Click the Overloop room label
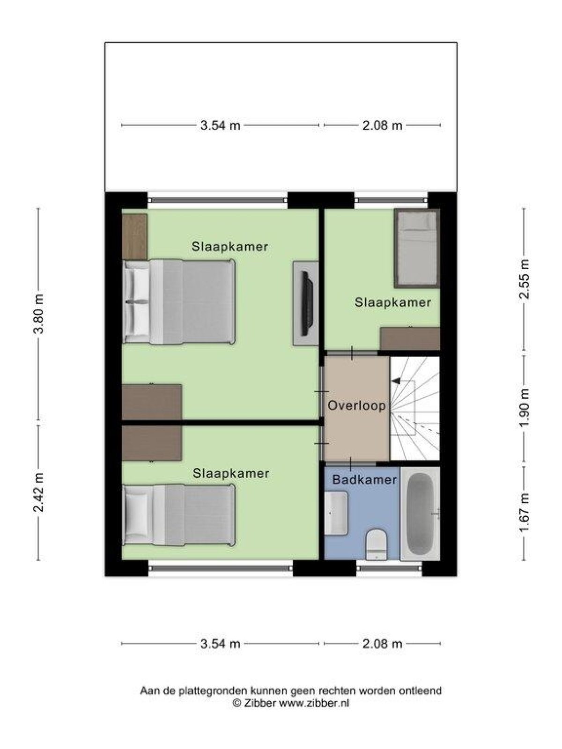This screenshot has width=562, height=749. pyautogui.click(x=356, y=405)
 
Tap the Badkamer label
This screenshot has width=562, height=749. pyautogui.click(x=364, y=479)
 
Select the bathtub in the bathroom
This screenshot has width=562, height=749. pyautogui.click(x=420, y=514)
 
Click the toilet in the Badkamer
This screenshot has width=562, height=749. pyautogui.click(x=376, y=544)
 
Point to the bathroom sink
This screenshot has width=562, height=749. pyautogui.click(x=336, y=513)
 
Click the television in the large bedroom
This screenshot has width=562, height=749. pyautogui.click(x=306, y=303)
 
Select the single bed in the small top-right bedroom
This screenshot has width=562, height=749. pyautogui.click(x=417, y=248)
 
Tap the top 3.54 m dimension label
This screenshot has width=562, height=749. pyautogui.click(x=220, y=125)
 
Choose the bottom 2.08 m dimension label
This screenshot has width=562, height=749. pyautogui.click(x=382, y=644)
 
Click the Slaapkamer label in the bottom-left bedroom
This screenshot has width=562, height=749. pyautogui.click(x=231, y=473)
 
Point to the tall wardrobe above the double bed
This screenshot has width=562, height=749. pyautogui.click(x=134, y=236)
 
